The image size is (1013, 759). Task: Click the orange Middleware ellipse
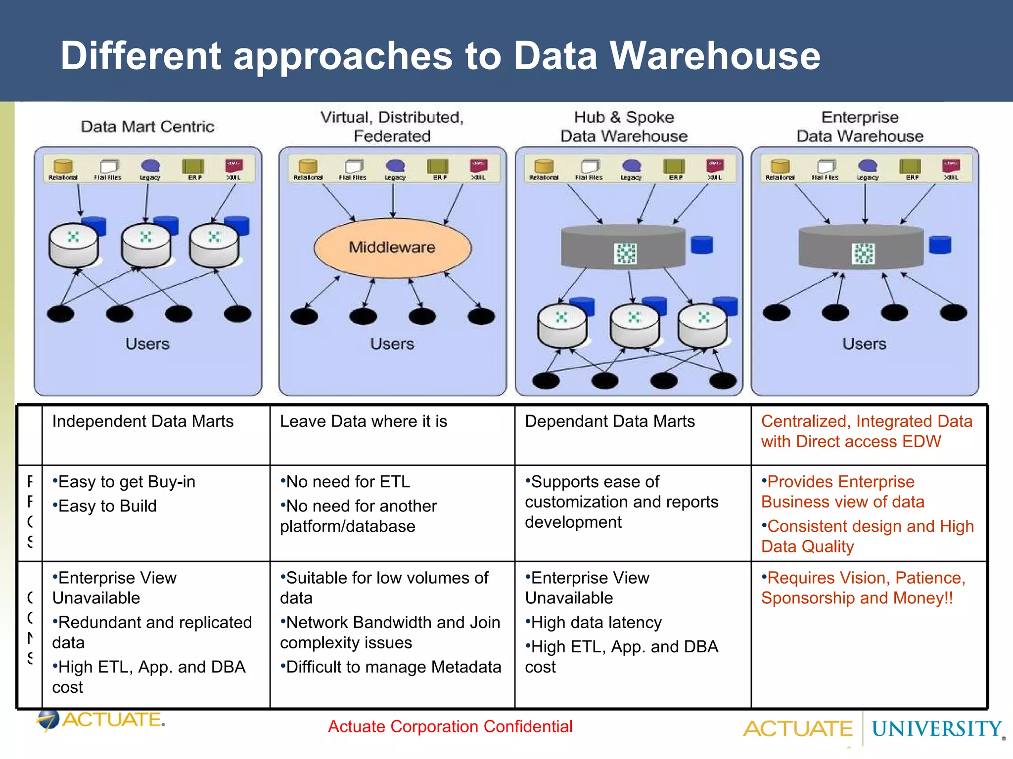pos(392,248)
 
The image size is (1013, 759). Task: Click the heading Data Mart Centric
pos(147,127)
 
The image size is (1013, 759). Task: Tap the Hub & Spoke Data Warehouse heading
pos(624,126)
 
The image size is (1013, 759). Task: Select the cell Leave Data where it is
pos(364,422)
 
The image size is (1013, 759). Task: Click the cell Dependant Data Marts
pos(610,422)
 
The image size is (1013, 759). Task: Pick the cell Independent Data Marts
pos(143,422)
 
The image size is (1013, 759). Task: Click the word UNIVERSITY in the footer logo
pos(936,729)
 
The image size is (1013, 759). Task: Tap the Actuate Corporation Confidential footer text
pos(450,727)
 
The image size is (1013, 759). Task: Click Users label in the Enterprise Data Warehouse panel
pos(864,344)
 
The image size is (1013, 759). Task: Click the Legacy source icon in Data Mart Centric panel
pos(150,166)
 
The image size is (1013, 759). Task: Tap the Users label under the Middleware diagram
pos(392,344)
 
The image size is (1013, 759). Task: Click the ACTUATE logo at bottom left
pos(101,720)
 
